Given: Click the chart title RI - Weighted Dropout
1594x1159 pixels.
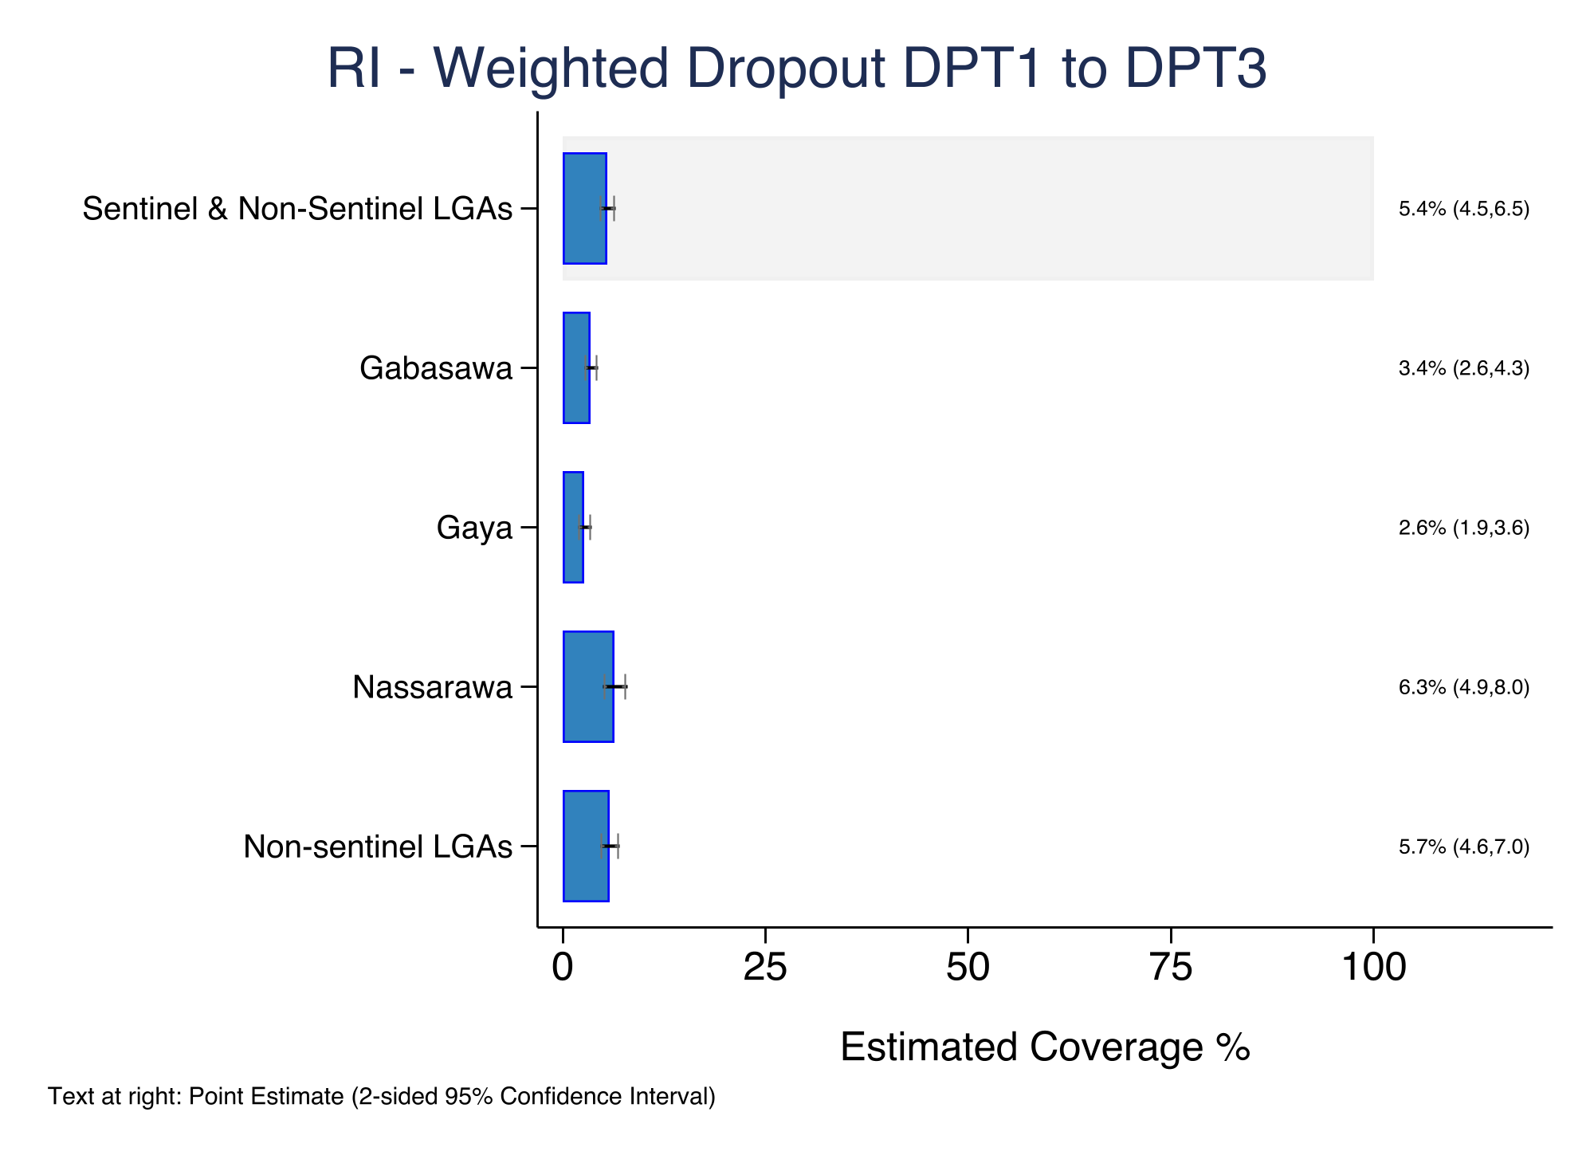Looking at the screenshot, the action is pyautogui.click(x=796, y=69).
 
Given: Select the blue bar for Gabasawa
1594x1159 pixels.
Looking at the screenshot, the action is pyautogui.click(x=576, y=367).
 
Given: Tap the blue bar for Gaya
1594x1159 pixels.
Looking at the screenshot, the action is pyautogui.click(x=573, y=527).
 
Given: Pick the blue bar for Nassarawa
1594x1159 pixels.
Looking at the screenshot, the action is pyautogui.click(x=588, y=686).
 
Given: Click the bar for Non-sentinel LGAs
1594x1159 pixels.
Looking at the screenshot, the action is pyautogui.click(x=586, y=846).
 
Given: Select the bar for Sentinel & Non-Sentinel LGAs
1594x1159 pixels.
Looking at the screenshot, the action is pyautogui.click(x=584, y=208).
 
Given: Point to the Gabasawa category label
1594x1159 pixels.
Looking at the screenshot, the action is pyautogui.click(x=436, y=368).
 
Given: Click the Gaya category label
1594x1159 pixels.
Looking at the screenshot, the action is pyautogui.click(x=474, y=528).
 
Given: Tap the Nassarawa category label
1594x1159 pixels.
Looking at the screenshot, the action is pyautogui.click(x=433, y=687).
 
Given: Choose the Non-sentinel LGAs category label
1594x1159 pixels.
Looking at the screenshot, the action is pyautogui.click(x=378, y=847).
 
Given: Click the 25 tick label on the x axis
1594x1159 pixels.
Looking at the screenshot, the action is pyautogui.click(x=765, y=968).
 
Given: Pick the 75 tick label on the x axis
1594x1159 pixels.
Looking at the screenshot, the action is pyautogui.click(x=1171, y=968).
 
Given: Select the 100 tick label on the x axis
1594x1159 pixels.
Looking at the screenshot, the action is pyautogui.click(x=1373, y=968).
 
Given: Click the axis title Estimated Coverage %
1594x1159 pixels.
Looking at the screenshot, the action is pyautogui.click(x=1045, y=1047).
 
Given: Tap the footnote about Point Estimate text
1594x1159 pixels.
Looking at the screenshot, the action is pyautogui.click(x=382, y=1097).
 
